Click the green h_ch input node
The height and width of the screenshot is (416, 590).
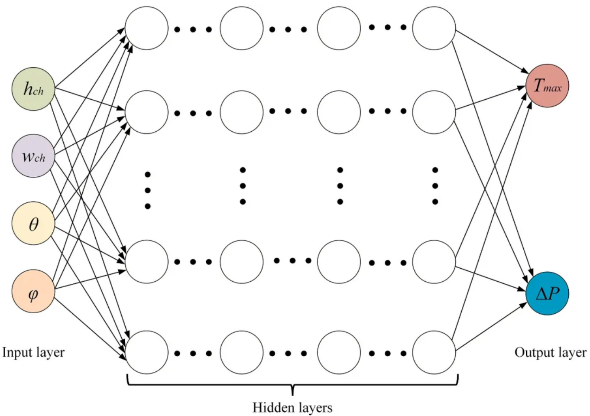[33, 89]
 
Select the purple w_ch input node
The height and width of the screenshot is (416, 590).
[33, 156]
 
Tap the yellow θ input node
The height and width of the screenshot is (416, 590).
[33, 224]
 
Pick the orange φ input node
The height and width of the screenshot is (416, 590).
[33, 291]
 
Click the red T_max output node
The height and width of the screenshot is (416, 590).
[547, 86]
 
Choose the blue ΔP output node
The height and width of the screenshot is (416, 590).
[547, 293]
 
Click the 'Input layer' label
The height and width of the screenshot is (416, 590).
[33, 352]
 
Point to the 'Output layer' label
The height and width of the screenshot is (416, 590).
[550, 353]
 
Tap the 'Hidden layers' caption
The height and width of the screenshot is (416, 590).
[292, 407]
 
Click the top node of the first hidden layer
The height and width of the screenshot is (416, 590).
[146, 28]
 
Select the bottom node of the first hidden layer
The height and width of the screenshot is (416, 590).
[146, 352]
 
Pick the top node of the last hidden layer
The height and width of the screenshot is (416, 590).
[434, 28]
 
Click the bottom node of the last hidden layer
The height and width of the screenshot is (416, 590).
[434, 352]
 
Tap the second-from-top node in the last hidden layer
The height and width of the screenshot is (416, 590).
[434, 112]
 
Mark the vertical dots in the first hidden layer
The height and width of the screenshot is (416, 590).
[148, 190]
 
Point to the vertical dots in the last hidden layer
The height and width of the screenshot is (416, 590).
[435, 186]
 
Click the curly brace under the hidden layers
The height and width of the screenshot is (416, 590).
[292, 384]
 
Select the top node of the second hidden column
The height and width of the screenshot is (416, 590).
[242, 28]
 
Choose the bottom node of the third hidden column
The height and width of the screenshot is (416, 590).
[339, 352]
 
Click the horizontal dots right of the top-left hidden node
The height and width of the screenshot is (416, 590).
[193, 29]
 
